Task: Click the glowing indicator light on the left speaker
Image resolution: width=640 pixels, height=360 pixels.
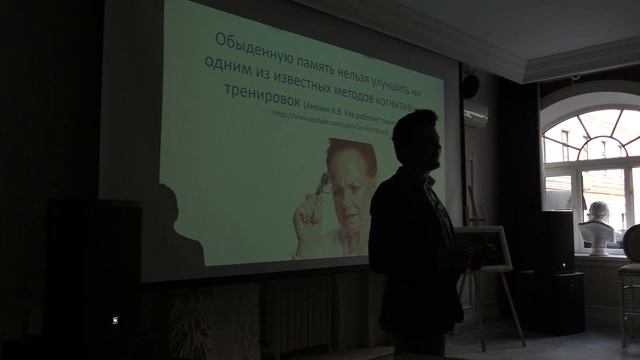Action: click(x=114, y=320)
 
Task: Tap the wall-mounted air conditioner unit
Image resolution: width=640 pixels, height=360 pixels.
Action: click(x=475, y=115)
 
